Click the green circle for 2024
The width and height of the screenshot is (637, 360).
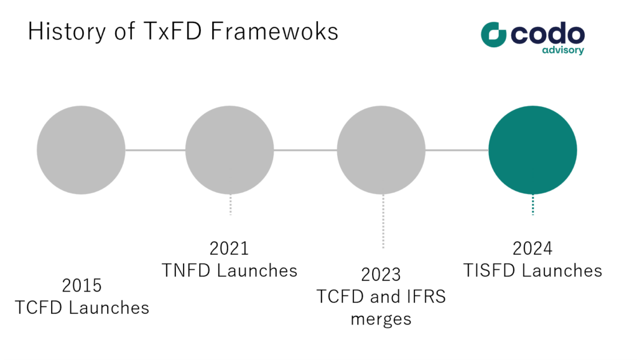click(532, 150)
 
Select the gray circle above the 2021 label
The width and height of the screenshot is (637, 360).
click(230, 150)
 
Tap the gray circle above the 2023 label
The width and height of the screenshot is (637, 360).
click(381, 150)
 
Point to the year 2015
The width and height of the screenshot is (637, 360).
click(81, 286)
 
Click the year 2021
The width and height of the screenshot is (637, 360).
click(229, 248)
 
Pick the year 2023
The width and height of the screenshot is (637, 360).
click(381, 275)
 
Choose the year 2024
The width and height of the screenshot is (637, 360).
click(532, 248)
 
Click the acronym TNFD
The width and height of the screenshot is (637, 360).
click(186, 270)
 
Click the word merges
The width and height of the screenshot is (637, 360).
click(381, 320)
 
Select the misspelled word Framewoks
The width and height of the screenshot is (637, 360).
click(274, 31)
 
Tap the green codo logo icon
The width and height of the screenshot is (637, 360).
click(493, 34)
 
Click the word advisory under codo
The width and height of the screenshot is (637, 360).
click(563, 50)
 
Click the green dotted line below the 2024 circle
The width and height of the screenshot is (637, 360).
click(532, 205)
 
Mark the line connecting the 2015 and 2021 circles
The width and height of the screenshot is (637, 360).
click(155, 150)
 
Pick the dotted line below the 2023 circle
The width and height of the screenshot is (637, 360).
click(383, 221)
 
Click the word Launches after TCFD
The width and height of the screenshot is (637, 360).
click(109, 308)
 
